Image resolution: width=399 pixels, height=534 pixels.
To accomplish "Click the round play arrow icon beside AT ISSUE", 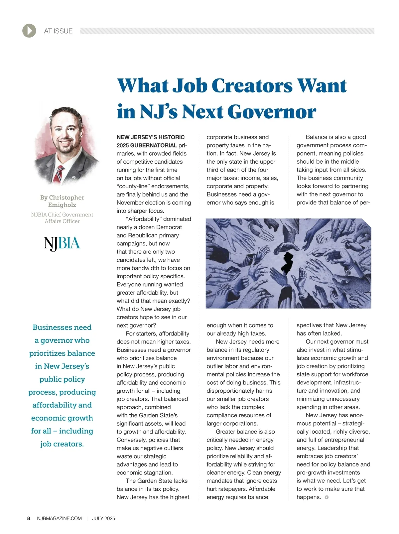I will pos(29,31).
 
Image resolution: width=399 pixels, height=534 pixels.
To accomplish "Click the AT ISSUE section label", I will pos(58,31).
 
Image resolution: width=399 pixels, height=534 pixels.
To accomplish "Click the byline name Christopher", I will pos(66,198).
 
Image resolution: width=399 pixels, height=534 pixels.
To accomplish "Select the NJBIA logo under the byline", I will pos(62,244).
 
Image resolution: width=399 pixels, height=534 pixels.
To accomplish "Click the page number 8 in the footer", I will pos(29,518).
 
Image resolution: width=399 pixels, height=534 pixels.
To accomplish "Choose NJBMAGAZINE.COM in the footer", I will pos(60,518).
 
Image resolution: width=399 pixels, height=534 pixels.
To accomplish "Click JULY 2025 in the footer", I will pos(103,518).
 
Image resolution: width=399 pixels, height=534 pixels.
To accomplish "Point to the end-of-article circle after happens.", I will pos(327,497).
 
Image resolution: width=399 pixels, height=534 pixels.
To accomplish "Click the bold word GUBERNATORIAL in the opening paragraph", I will pos(154,145).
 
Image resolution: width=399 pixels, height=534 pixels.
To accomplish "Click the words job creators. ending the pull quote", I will pos(62,444).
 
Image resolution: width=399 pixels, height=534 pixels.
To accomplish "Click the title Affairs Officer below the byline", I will pos(62,221).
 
